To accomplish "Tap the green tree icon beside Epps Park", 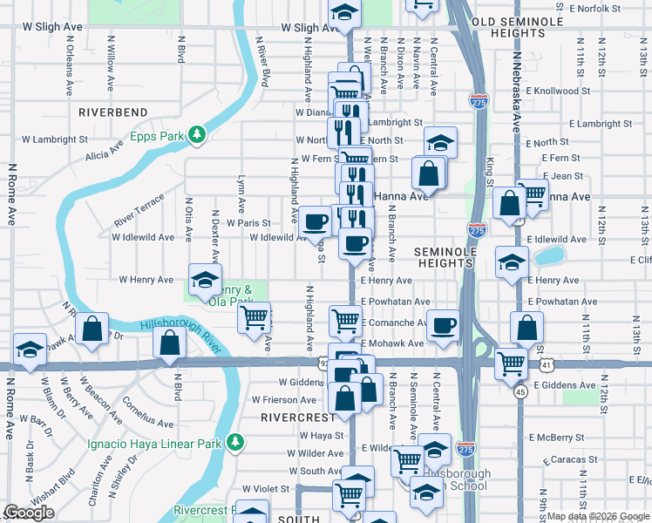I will pos(198,134).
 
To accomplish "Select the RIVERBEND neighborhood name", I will pos(113,112).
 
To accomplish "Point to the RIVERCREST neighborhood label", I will pos(293,418).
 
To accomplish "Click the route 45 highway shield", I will pos(520,392).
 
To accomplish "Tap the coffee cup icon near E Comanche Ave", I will pos(444,326).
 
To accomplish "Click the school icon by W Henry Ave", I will pos(205,279).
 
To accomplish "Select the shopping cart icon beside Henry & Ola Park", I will pos(254,318).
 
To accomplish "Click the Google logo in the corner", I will pos(29,513).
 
